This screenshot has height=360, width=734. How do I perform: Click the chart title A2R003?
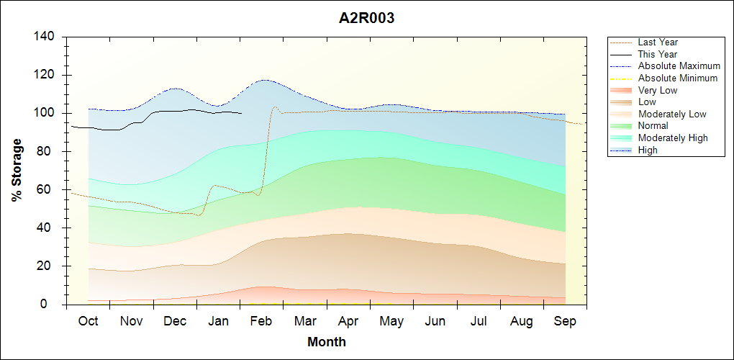367,19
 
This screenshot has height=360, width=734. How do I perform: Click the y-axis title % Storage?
17,170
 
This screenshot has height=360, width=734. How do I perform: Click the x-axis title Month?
326,342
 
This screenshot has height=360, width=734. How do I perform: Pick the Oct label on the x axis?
88,321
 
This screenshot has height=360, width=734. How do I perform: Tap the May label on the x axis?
391,321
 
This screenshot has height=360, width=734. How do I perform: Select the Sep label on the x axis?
565,321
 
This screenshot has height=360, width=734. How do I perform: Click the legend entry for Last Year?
658,42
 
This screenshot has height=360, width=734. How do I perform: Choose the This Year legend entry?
657,54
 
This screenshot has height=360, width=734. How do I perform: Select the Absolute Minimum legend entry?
677,78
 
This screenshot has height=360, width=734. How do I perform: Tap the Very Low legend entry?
658,90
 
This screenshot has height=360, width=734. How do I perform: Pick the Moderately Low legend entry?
672,114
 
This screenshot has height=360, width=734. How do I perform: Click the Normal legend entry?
653,126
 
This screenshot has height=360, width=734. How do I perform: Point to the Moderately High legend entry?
673,138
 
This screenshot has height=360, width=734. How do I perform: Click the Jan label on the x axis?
218,321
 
